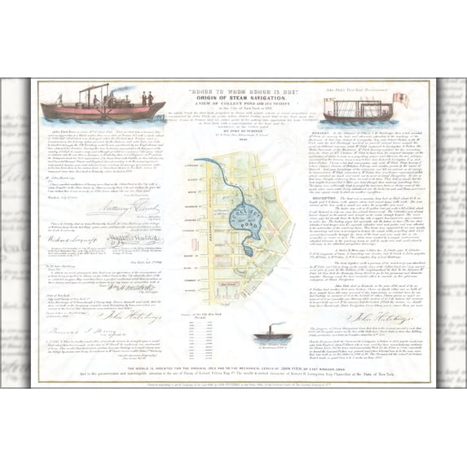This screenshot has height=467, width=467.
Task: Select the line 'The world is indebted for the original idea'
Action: click(x=235, y=366)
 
